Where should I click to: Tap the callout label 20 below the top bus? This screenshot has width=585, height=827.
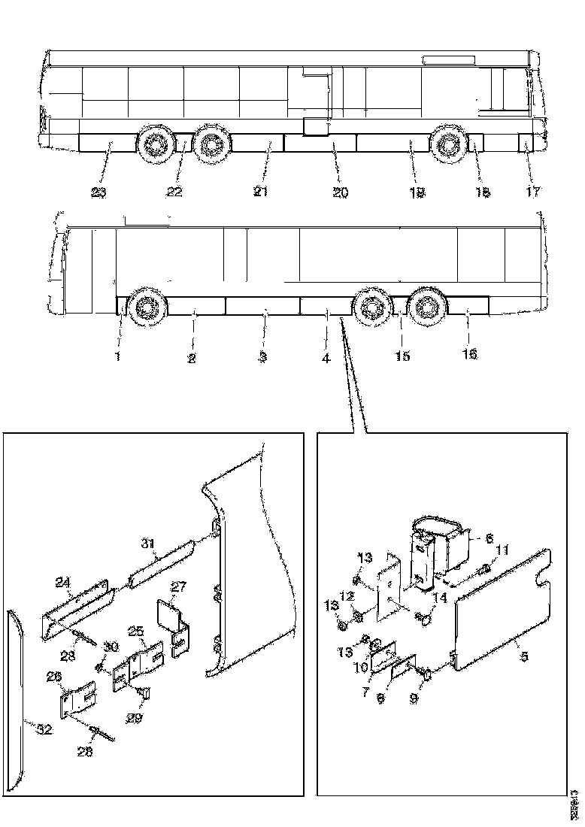tap(340, 192)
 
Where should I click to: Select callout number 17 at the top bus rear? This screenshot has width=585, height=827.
tap(532, 192)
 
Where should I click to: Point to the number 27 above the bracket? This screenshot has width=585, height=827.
tap(178, 587)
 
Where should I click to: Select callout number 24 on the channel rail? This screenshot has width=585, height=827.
tap(62, 582)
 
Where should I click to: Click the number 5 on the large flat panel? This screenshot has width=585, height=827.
tap(524, 656)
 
